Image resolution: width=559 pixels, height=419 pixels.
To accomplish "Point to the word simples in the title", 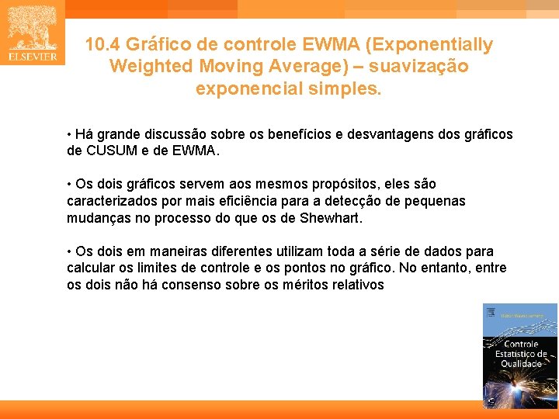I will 350,88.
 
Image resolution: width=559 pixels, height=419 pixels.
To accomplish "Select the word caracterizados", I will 112,201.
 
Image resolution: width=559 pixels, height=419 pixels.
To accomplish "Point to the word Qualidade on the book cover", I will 521,364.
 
